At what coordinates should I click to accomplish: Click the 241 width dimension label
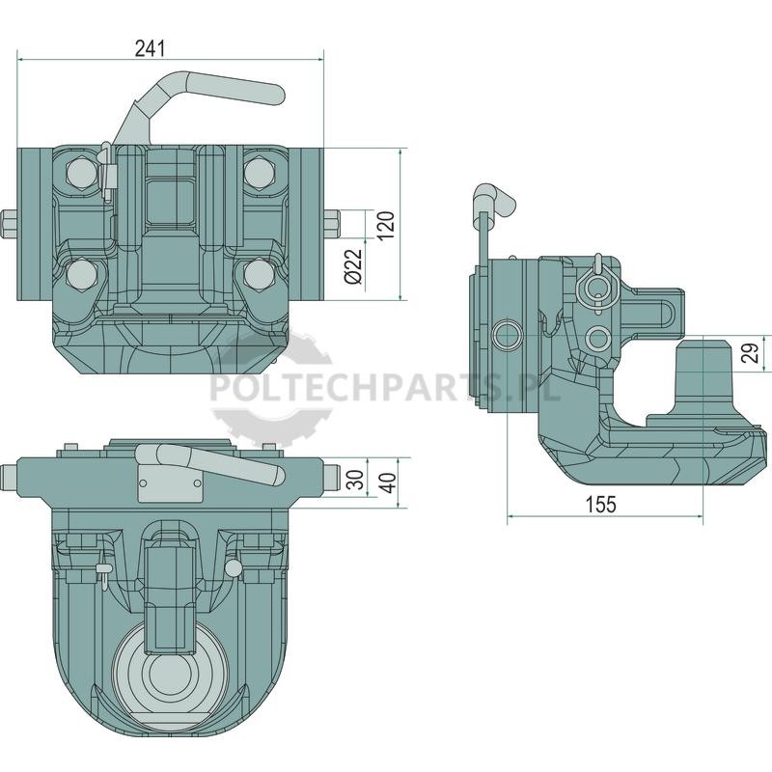(151, 49)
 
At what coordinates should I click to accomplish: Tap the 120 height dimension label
(387, 225)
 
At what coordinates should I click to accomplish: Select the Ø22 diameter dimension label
(353, 266)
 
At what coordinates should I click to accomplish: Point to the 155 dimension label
(600, 504)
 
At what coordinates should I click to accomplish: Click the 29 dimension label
(753, 352)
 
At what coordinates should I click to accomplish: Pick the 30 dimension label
(355, 480)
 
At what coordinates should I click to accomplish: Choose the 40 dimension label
(389, 483)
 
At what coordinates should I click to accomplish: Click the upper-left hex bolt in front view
(80, 173)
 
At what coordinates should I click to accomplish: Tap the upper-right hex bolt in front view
(259, 173)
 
